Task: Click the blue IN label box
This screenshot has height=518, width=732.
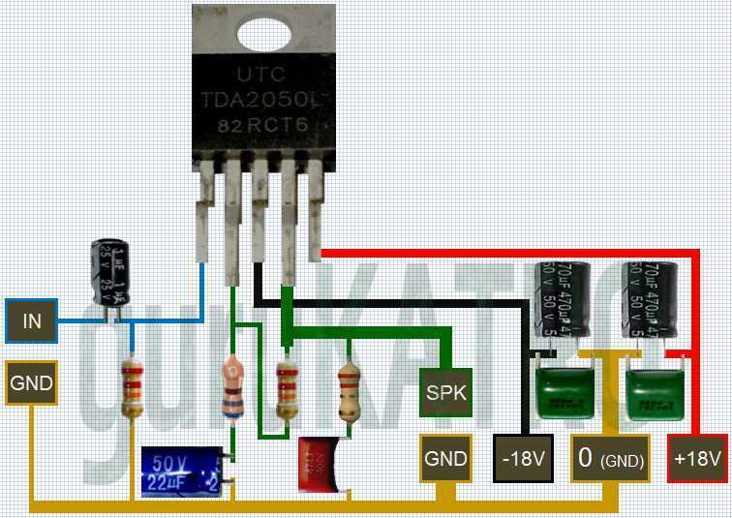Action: [x=32, y=320]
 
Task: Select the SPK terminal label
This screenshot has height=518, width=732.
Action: [x=446, y=392]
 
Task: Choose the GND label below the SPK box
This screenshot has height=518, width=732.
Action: [x=446, y=458]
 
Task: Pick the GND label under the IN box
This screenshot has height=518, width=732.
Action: [x=32, y=383]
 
